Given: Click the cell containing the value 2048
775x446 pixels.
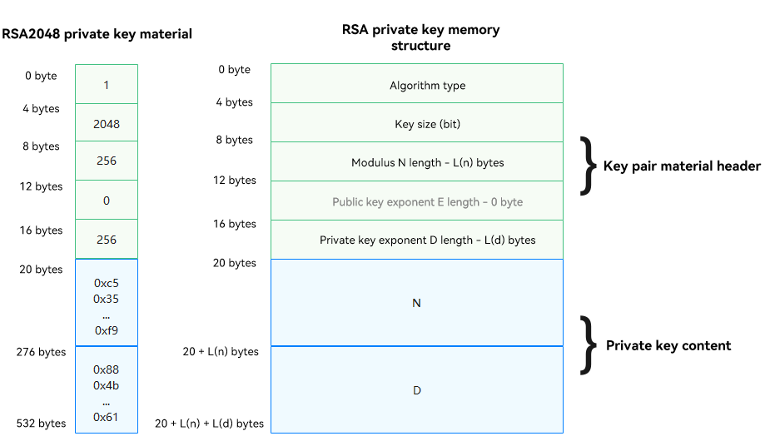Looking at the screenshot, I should click(107, 124).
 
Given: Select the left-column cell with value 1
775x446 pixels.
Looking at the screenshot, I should click(107, 85).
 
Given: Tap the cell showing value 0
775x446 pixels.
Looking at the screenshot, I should click(107, 201).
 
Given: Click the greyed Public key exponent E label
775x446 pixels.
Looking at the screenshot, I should click(427, 202).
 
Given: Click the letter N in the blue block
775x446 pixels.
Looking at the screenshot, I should click(417, 303).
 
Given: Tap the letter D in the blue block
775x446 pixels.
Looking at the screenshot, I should click(417, 390).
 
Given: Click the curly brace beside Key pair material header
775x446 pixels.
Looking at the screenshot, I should click(589, 166).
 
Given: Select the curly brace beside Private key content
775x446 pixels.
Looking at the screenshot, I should click(589, 345).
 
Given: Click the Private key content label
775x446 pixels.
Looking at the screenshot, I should click(668, 345).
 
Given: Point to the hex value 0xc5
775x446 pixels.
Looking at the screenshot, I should click(106, 283).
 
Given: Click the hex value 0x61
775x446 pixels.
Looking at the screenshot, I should click(106, 417).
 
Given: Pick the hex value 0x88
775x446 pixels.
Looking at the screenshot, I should click(106, 369).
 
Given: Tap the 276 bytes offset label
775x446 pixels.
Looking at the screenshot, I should click(41, 352).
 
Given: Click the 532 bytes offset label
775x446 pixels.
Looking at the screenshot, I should click(41, 424).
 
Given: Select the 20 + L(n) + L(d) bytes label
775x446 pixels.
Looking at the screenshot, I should click(209, 424).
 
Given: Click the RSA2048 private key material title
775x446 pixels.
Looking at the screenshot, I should click(97, 34).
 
